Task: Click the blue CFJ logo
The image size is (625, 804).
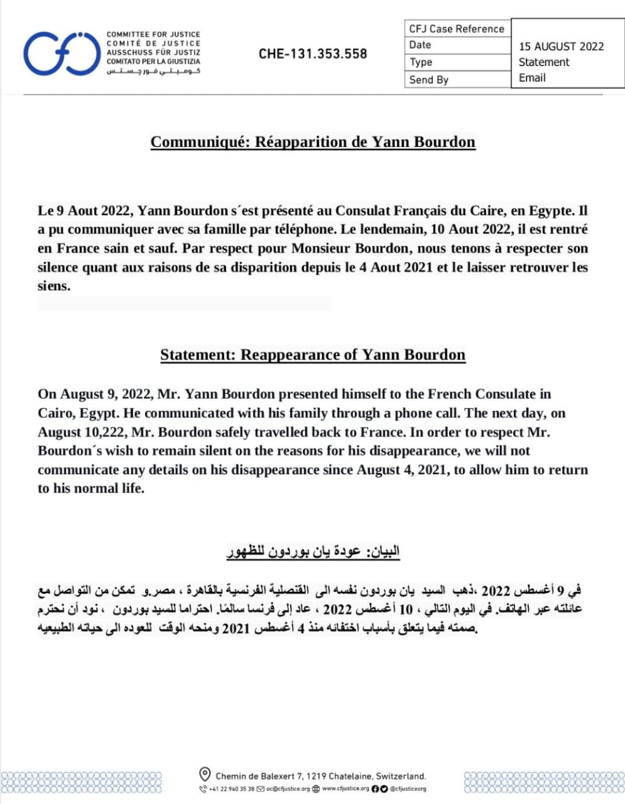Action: pyautogui.click(x=61, y=53)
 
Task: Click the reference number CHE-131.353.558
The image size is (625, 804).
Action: pyautogui.click(x=313, y=54)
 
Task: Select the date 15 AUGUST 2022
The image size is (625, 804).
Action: pyautogui.click(x=561, y=46)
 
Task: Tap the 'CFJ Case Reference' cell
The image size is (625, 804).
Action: pyautogui.click(x=457, y=29)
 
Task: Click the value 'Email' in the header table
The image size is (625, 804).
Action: pyautogui.click(x=532, y=78)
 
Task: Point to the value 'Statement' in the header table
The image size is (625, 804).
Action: pyautogui.click(x=544, y=62)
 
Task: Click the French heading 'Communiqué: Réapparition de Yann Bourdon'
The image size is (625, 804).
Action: pyautogui.click(x=313, y=142)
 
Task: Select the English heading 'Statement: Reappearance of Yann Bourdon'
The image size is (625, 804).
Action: pyautogui.click(x=313, y=355)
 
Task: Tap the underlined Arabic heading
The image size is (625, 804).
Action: pyautogui.click(x=313, y=551)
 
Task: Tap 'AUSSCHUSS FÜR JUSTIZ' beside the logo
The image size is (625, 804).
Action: pyautogui.click(x=153, y=53)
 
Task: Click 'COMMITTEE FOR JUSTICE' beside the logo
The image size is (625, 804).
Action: pyautogui.click(x=153, y=35)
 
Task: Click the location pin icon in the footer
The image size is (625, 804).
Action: pyautogui.click(x=205, y=774)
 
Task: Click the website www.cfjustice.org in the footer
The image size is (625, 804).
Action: pyautogui.click(x=345, y=789)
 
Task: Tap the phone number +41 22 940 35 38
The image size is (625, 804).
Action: pyautogui.click(x=231, y=789)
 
